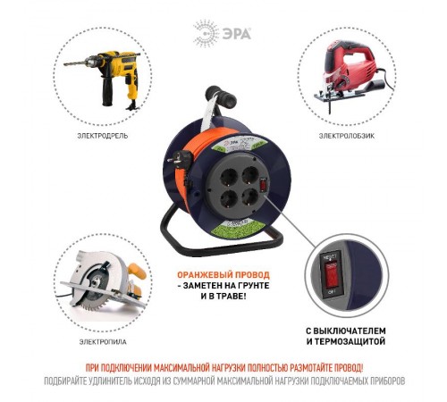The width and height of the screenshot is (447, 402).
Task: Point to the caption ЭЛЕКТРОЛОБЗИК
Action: [x=344, y=137]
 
